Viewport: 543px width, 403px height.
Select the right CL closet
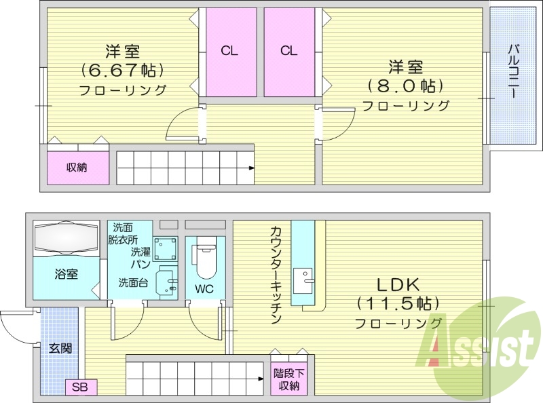pyautogui.click(x=289, y=52)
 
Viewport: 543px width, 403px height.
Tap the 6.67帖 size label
pyautogui.click(x=123, y=70)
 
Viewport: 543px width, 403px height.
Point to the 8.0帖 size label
pyautogui.click(x=406, y=86)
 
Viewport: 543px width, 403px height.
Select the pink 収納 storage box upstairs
pyautogui.click(x=77, y=167)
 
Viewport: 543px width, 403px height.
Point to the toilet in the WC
pyautogui.click(x=204, y=261)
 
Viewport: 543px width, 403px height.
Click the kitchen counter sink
pyautogui.click(x=303, y=277)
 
